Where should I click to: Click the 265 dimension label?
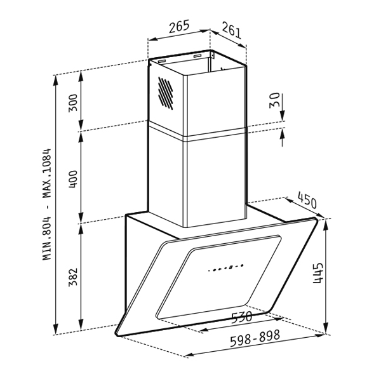[x=179, y=27]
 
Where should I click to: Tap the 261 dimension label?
[x=232, y=30]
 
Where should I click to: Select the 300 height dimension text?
[x=73, y=102]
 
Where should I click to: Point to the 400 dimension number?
[x=73, y=179]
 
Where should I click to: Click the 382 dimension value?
[x=73, y=277]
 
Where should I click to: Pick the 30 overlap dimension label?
[x=274, y=100]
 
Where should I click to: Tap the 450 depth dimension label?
[x=307, y=200]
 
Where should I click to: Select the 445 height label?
[x=318, y=273]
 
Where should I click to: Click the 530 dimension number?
[x=241, y=317]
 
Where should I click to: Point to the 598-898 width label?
[x=255, y=338]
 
